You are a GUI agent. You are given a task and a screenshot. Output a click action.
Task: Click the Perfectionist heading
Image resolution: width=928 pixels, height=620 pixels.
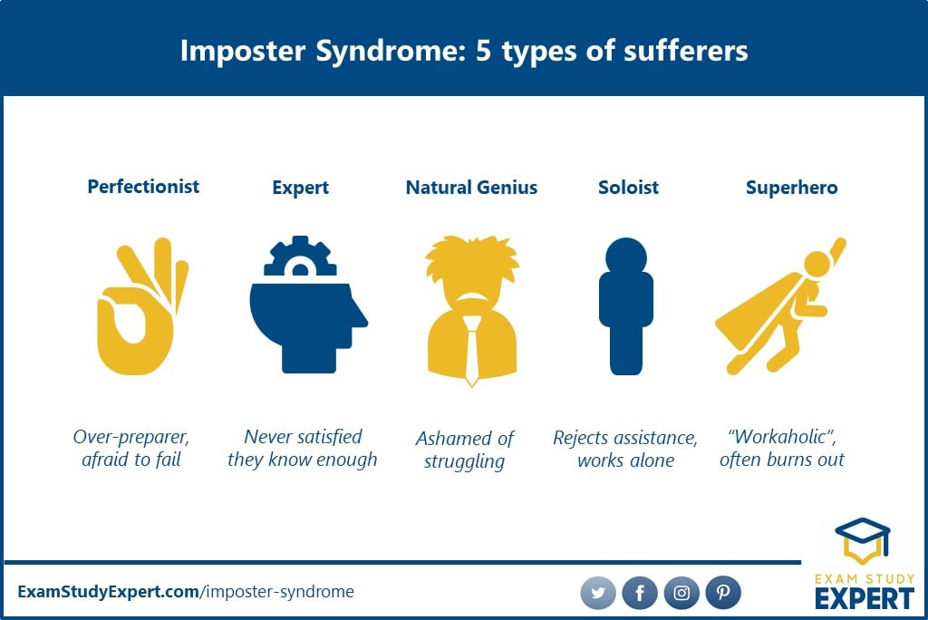(x=143, y=187)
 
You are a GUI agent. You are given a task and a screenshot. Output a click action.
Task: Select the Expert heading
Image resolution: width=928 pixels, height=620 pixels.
(x=300, y=189)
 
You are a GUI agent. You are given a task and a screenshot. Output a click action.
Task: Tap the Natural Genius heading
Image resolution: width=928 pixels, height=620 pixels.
(x=471, y=188)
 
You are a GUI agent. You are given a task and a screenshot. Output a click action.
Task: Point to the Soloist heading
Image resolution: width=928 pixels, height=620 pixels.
(x=628, y=188)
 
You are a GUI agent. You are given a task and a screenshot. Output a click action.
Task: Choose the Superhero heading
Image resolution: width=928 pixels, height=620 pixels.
(x=791, y=189)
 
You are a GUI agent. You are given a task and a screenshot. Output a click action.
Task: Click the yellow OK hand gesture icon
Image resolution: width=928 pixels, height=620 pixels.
(x=142, y=306)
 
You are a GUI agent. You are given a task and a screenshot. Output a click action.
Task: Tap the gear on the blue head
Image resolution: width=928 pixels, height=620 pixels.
(x=300, y=257)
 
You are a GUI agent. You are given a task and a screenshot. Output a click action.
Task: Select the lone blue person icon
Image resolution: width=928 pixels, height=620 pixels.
(x=626, y=306)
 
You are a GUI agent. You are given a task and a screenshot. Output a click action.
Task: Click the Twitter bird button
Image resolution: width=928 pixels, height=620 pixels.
(x=598, y=593)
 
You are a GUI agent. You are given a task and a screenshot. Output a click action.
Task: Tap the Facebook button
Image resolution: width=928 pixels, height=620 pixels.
(x=640, y=593)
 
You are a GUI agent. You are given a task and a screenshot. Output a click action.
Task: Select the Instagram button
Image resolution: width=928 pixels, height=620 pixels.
(x=681, y=593)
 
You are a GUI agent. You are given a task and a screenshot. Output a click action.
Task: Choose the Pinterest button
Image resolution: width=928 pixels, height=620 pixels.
(x=723, y=593)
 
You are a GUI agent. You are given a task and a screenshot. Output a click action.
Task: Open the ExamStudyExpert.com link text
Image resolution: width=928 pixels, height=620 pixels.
(x=109, y=592)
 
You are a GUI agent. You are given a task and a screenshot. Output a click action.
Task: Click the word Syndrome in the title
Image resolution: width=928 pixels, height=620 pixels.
(x=387, y=52)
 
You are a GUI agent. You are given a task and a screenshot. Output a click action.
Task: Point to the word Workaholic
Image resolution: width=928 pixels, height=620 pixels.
(x=781, y=437)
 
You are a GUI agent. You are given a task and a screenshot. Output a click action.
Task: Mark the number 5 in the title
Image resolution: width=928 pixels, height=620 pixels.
(x=484, y=51)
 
